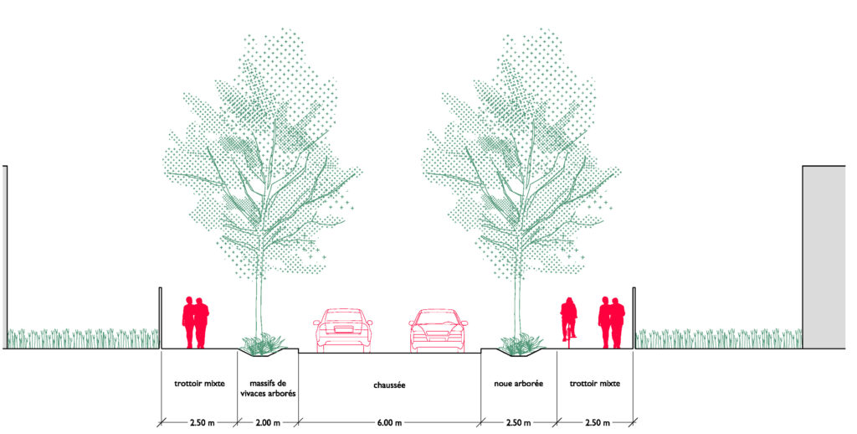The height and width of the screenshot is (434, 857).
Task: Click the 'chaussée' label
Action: pos(389,386)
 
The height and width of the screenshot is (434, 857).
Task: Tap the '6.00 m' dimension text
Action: pos(389,423)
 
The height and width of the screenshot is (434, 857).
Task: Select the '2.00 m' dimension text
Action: pos(268,423)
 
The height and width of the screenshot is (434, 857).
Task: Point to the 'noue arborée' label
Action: pos(519,384)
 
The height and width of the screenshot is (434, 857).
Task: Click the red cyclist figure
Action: pos(569,320)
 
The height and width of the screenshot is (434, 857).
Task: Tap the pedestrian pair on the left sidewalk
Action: pos(196,323)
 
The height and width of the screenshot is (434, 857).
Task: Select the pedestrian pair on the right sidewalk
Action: pos(611,323)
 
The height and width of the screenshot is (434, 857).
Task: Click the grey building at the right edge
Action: pos(824,256)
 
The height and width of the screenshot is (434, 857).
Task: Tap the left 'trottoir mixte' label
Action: pos(198,384)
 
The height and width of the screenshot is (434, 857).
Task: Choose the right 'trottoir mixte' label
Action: pos(594,384)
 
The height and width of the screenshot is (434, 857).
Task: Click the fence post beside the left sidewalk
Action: pos(160,318)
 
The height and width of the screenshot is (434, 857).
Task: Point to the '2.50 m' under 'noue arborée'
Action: pos(519,423)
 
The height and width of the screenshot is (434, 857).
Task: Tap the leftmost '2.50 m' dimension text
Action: pos(198,423)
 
